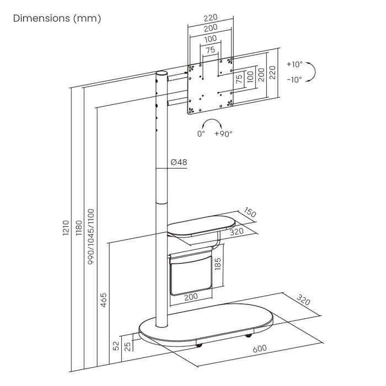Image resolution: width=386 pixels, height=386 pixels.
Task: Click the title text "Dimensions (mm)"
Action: pyautogui.click(x=57, y=18)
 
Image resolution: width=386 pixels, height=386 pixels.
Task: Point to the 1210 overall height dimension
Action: pyautogui.click(x=66, y=228)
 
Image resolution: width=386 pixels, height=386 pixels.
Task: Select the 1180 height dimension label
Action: pyautogui.click(x=78, y=228)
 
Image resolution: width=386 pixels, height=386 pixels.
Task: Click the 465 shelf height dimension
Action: pyautogui.click(x=104, y=300)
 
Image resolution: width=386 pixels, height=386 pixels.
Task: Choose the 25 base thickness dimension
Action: pyautogui.click(x=128, y=346)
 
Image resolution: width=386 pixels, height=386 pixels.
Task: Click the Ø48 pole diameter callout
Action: pyautogui.click(x=179, y=162)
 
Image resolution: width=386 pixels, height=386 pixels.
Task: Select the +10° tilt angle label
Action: pyautogui.click(x=294, y=65)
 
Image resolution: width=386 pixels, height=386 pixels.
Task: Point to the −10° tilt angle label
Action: pyautogui.click(x=294, y=79)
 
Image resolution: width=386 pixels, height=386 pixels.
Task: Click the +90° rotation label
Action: pyautogui.click(x=223, y=133)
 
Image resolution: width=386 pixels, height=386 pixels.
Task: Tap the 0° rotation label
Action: pyautogui.click(x=201, y=133)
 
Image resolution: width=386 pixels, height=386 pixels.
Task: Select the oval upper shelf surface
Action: pyautogui.click(x=201, y=227)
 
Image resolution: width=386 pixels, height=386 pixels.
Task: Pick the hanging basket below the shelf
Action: pyautogui.click(x=190, y=274)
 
